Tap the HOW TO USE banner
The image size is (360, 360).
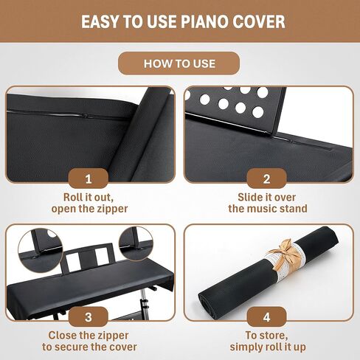[180, 63]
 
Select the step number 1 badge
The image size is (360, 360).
[89, 179]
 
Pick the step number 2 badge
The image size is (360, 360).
[268, 179]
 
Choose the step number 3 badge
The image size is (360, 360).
[89, 317]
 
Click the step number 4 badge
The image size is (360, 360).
[268, 317]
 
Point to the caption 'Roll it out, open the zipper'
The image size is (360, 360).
[89, 203]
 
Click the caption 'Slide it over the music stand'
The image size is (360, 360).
[268, 203]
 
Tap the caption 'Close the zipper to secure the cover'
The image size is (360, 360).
[89, 341]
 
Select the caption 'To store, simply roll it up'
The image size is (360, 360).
[268, 341]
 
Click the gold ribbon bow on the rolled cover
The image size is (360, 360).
[285, 255]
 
